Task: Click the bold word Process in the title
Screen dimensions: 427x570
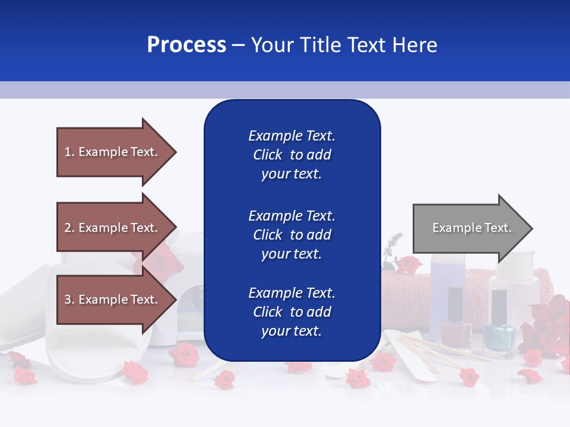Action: (x=186, y=45)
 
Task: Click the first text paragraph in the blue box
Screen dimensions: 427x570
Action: (x=292, y=155)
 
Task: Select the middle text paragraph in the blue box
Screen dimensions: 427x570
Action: (x=292, y=235)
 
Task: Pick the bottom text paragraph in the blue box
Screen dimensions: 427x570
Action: (x=292, y=312)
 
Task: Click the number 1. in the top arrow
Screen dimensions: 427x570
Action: (x=69, y=152)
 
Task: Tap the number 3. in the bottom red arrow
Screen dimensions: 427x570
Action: (x=69, y=299)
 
